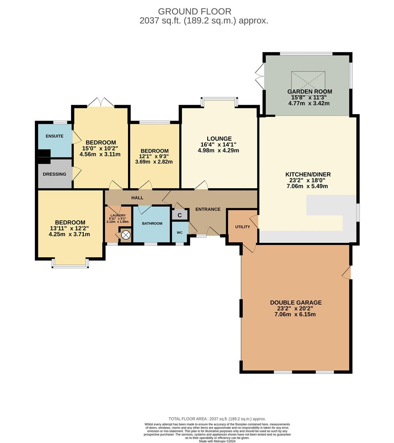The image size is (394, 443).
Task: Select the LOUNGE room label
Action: point(219,139)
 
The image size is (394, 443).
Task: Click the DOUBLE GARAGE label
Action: point(295,303)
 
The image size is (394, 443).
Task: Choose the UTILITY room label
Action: point(242,227)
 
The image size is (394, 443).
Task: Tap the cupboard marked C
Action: point(179,215)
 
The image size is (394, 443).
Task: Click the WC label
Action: point(179,233)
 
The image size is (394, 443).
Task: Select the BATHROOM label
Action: point(152,224)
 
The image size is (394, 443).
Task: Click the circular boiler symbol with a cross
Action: point(126,235)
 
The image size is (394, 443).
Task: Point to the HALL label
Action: point(137,198)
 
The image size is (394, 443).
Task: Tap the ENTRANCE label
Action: point(208,209)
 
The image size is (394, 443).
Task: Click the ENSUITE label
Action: point(55,136)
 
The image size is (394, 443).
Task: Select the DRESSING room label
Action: point(55,174)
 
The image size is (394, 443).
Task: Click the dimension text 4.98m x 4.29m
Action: point(218,151)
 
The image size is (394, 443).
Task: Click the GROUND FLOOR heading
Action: point(195,11)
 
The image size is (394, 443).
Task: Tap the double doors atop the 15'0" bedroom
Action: point(101,102)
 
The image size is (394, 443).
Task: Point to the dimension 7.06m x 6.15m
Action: point(295,315)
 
